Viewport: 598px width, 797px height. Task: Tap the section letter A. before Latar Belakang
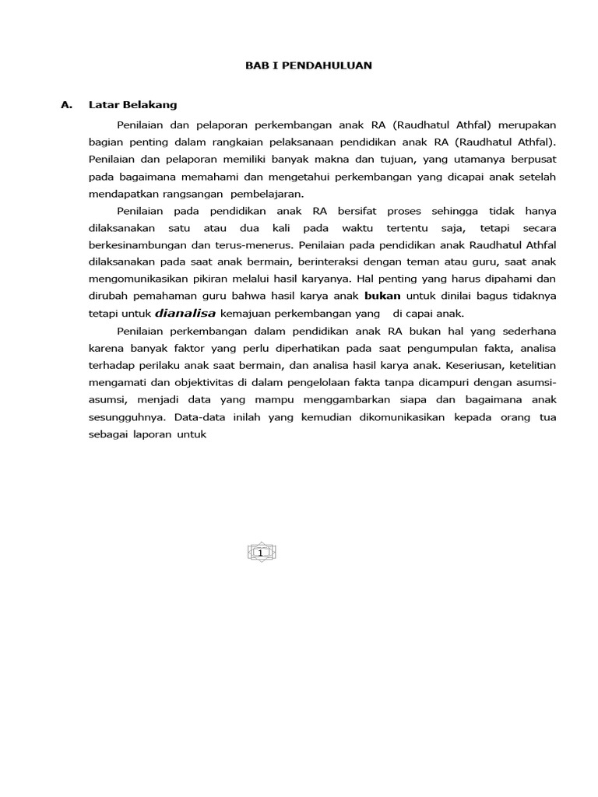[66, 104]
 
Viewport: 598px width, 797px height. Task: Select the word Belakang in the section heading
[153, 104]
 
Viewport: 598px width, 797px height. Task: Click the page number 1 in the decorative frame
[261, 553]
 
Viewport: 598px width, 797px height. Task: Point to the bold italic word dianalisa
[185, 314]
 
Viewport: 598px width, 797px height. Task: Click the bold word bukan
[382, 296]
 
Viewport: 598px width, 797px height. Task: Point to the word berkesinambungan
[138, 244]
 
